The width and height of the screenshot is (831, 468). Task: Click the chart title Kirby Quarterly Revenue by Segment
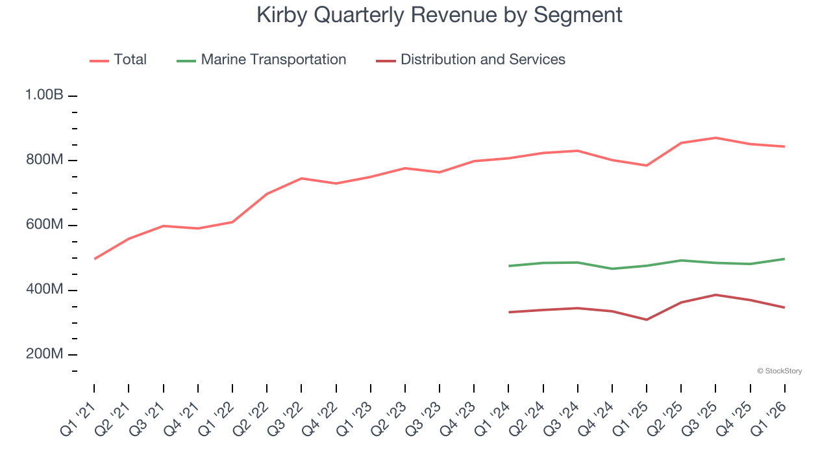440,15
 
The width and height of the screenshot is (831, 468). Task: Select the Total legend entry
130,60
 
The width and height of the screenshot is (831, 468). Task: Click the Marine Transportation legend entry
273,60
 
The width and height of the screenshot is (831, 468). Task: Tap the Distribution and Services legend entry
482,60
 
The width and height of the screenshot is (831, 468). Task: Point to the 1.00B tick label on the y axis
44,95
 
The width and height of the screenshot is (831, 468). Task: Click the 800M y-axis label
43,160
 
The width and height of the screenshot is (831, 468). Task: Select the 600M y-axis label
43,225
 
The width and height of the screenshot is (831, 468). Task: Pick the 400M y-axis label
43,289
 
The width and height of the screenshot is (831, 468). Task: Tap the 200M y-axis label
43,354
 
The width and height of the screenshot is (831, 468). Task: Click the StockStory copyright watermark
779,371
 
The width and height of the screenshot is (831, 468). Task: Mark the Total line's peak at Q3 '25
715,138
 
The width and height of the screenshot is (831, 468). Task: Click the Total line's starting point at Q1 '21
94,259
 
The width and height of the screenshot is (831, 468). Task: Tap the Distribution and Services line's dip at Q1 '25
647,320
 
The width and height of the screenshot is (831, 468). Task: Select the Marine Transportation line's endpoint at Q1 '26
785,259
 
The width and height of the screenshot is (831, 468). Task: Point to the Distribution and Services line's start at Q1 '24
508,312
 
